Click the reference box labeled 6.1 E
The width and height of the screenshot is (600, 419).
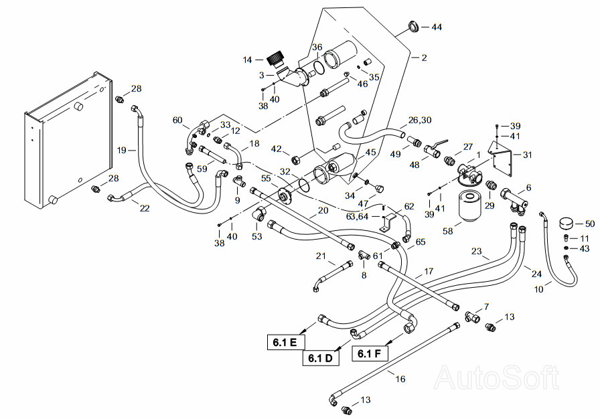285,342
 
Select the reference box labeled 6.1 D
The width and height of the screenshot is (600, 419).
321,358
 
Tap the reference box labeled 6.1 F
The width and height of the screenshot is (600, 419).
370,353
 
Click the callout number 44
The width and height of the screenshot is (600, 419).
437,27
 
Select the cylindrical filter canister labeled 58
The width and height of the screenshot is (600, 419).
469,206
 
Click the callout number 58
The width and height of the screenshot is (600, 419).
448,231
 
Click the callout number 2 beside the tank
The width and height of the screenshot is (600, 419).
424,58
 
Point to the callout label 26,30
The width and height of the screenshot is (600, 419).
420,120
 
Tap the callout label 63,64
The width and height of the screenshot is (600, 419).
357,216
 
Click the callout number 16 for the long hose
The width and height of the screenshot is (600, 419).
400,379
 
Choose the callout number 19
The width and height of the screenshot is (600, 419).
121,150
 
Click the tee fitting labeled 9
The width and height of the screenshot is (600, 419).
240,181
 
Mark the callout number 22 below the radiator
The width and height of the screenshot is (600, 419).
144,208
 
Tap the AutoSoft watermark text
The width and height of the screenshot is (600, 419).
497,377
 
